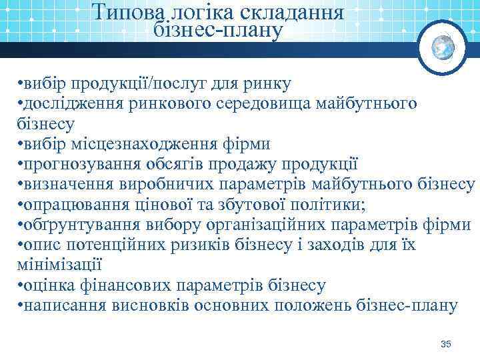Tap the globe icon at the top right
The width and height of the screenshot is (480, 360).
pos(443,47)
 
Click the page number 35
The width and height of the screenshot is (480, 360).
pos(446,343)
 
